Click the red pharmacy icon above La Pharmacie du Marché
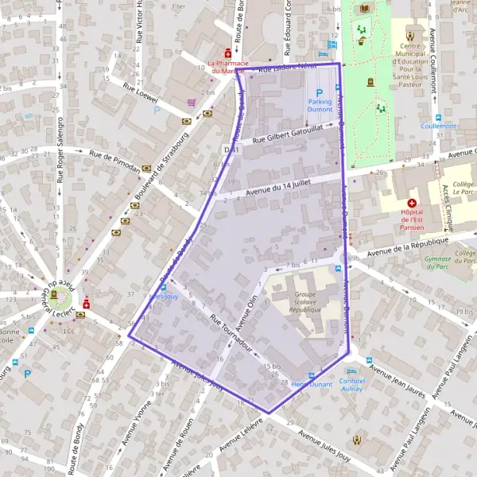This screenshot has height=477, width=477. click(x=227, y=52)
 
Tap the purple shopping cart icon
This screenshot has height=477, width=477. click(x=192, y=103)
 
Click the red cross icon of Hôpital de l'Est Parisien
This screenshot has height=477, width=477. click(x=412, y=204)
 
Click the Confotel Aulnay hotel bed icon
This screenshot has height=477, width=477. click(x=351, y=371)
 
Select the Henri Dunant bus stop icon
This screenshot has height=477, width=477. click(x=311, y=375)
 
